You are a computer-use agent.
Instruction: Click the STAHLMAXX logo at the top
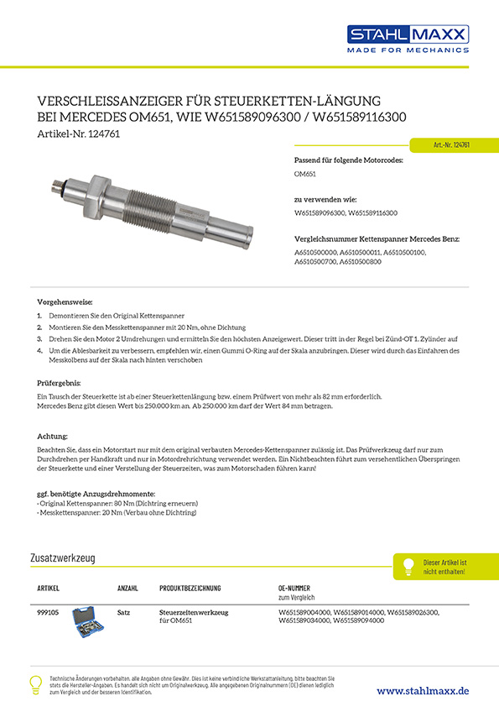point(408,34)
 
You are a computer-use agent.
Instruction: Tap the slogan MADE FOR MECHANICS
point(408,50)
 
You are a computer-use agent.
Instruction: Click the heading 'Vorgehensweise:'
point(65,302)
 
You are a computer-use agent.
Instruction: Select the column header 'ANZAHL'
point(127,589)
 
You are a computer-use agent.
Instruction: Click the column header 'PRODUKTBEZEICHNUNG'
point(190,589)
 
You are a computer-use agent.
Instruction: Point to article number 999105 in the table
point(49,614)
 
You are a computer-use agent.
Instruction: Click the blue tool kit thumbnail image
point(88,620)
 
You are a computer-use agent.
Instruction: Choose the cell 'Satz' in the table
point(123,614)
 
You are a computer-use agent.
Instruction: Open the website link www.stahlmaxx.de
point(423,690)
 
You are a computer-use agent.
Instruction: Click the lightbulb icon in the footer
point(36,683)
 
